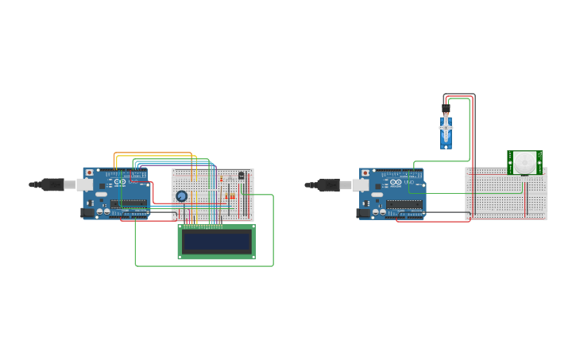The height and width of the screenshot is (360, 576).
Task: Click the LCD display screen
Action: (216, 242)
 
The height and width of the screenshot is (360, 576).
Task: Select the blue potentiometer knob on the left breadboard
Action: (181, 195)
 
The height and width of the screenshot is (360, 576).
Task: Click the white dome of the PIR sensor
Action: (524, 163)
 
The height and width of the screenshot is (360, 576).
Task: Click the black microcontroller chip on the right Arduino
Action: (404, 204)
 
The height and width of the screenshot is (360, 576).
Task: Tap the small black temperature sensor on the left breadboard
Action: (242, 176)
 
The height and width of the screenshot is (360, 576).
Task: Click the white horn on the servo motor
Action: (446, 127)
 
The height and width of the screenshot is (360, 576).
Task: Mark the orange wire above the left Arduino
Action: (155, 153)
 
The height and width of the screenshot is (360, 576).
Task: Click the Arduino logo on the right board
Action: (396, 182)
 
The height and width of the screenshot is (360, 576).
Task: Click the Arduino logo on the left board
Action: (121, 182)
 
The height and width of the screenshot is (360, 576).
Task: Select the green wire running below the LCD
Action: (204, 265)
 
